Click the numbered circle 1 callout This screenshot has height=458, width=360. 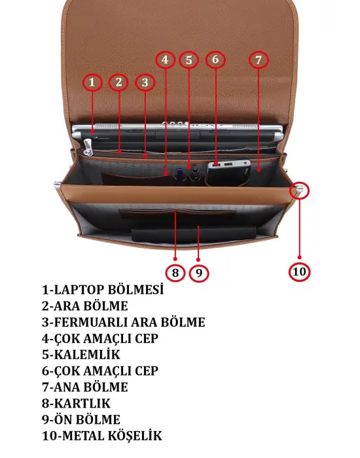tap(92, 82)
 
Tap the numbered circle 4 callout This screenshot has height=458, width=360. tap(165, 60)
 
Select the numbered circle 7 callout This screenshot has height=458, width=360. tap(259, 60)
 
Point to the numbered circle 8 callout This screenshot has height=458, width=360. tap(175, 272)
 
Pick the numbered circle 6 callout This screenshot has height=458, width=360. tap(215, 60)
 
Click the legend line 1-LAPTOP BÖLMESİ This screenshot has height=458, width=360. tap(103, 290)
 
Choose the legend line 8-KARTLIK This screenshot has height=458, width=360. tap(77, 404)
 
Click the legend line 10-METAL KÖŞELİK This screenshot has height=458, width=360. tap(101, 436)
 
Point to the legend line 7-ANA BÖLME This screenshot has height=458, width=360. tap(84, 387)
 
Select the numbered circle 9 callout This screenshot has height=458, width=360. tap(199, 272)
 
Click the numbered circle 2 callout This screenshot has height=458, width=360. tap(118, 82)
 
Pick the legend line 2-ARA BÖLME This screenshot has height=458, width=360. tap(84, 306)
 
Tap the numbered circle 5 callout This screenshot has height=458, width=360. tap(189, 60)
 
